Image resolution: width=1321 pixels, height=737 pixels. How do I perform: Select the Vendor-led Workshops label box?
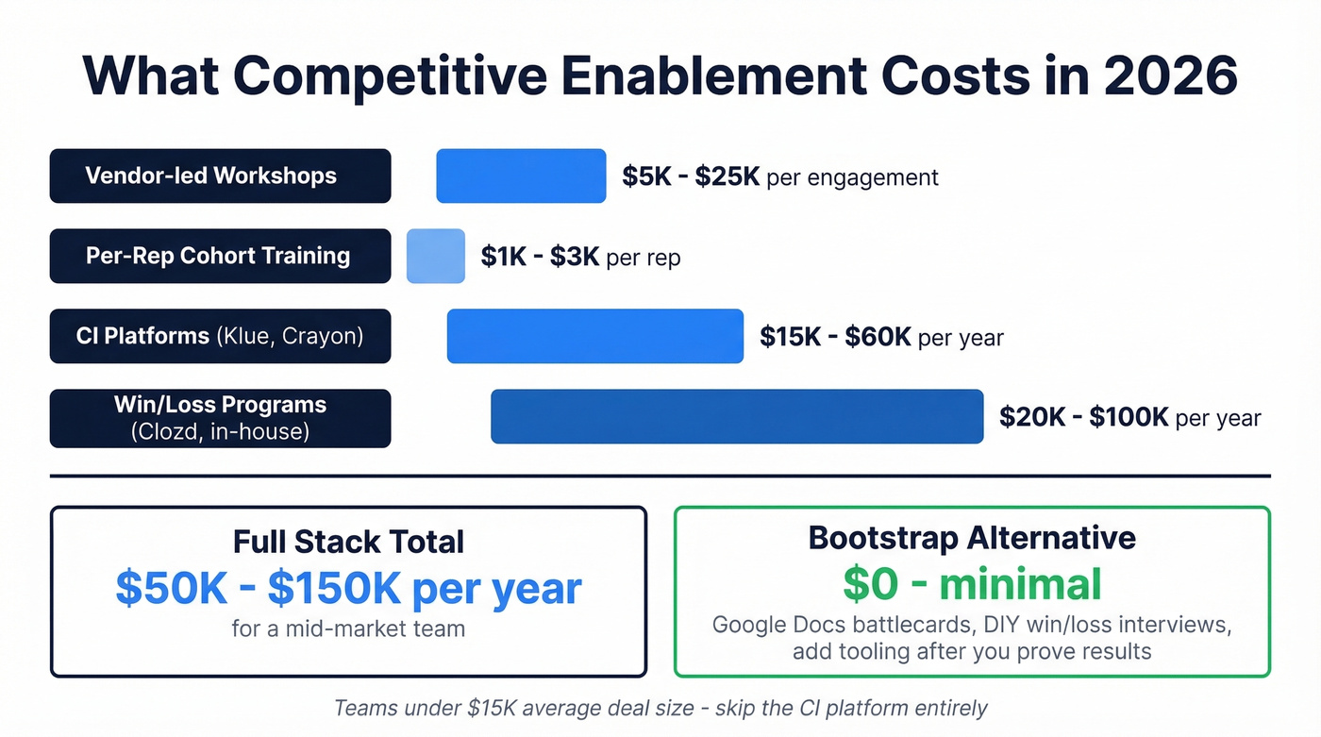[x=220, y=176]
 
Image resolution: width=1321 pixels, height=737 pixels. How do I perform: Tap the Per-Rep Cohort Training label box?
[x=220, y=256]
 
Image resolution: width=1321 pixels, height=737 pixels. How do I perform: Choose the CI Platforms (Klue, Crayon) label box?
[x=220, y=336]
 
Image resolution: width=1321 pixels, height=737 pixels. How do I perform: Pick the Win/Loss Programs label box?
[x=220, y=418]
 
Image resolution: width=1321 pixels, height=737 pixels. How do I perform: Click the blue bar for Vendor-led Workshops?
[x=521, y=176]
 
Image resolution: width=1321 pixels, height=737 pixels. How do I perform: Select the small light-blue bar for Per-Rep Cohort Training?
[x=436, y=256]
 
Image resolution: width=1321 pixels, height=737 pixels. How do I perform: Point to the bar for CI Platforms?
[x=595, y=336]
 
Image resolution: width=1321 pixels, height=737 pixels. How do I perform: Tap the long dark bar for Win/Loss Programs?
[x=737, y=416]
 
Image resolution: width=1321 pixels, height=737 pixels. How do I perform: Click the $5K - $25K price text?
[x=691, y=176]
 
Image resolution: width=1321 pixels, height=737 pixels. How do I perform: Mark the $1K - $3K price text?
[x=540, y=257]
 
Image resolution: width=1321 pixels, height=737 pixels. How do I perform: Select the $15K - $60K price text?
[x=835, y=337]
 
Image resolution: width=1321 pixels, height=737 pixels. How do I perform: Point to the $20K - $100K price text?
[x=1084, y=417]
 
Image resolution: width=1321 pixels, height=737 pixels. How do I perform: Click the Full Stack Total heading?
[x=348, y=542]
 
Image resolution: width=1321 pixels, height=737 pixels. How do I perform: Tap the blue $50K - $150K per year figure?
[x=348, y=587]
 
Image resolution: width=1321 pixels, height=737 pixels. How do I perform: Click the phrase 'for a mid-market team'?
[x=348, y=628]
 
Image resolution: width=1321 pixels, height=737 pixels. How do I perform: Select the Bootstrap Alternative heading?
[x=972, y=538]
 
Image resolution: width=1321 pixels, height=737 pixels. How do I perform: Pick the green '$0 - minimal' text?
[x=972, y=583]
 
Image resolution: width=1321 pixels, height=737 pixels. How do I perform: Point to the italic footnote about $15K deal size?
[x=660, y=708]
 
